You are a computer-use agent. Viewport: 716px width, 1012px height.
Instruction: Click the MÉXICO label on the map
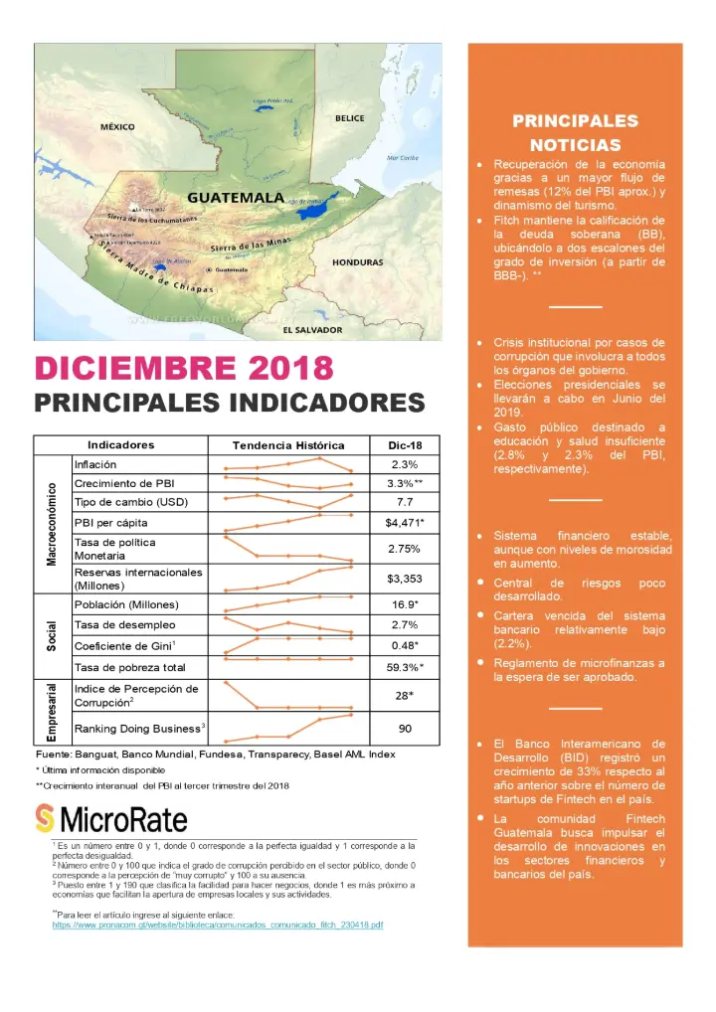117,127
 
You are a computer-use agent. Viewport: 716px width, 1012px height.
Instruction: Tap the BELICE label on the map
349,118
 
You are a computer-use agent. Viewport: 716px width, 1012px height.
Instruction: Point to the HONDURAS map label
358,262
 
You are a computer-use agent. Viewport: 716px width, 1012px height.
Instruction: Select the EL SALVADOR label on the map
312,329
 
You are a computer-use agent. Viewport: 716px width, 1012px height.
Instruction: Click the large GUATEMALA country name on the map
236,198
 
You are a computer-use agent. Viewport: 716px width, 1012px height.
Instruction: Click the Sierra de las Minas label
250,246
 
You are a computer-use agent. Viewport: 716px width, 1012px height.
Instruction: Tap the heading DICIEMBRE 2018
184,368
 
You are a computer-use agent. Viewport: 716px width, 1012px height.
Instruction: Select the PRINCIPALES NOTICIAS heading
575,133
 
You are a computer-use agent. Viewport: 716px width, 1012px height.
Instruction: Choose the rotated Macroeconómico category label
52,524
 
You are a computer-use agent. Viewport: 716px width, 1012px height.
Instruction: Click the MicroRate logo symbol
45,819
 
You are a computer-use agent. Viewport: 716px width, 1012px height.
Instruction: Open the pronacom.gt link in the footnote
218,925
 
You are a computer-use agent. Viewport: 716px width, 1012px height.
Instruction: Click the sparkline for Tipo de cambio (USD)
288,501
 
